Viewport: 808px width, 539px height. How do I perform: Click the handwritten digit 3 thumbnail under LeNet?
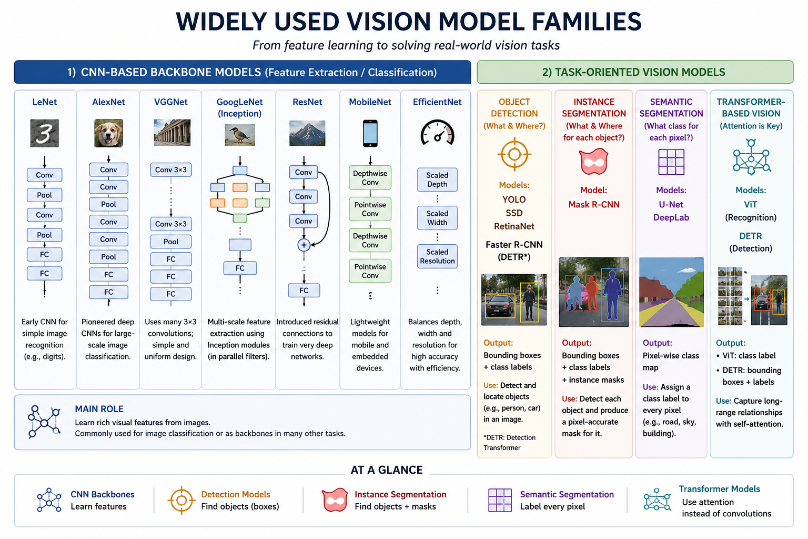pyautogui.click(x=44, y=133)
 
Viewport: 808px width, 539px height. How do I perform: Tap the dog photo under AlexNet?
pyautogui.click(x=108, y=133)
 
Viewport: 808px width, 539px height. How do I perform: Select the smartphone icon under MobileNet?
pyautogui.click(x=370, y=133)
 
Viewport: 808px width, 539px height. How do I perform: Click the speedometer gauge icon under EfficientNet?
pyautogui.click(x=437, y=133)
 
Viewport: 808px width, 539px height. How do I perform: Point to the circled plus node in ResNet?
pyautogui.click(x=304, y=245)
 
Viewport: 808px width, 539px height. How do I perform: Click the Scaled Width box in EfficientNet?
pyautogui.click(x=437, y=218)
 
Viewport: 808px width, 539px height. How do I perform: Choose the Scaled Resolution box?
pyautogui.click(x=437, y=256)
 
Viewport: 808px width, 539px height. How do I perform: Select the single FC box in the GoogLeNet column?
pyautogui.click(x=240, y=268)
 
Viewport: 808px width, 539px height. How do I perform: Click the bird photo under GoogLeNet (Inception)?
pyautogui.click(x=240, y=135)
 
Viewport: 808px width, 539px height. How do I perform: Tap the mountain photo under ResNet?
pyautogui.click(x=307, y=133)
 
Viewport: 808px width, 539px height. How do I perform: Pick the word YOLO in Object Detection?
pyautogui.click(x=514, y=199)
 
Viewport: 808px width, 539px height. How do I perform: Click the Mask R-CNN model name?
pyautogui.click(x=594, y=205)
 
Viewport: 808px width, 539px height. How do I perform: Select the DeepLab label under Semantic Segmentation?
pyautogui.click(x=671, y=218)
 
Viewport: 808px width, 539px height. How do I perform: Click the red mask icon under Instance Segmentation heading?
pyautogui.click(x=594, y=162)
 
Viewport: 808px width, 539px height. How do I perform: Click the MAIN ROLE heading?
pyautogui.click(x=99, y=409)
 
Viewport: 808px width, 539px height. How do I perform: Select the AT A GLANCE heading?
pyautogui.click(x=387, y=470)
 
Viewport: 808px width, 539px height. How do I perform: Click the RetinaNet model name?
pyautogui.click(x=514, y=226)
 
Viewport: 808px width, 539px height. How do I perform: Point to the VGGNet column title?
pyautogui.click(x=170, y=102)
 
